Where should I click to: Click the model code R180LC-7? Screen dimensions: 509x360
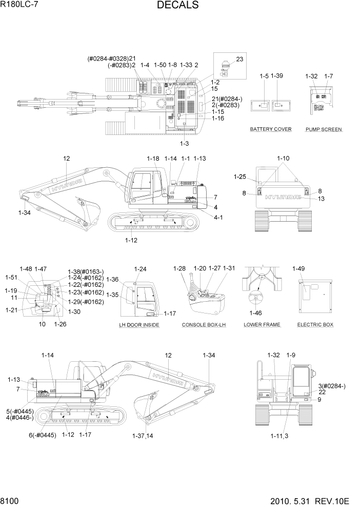click(20, 5)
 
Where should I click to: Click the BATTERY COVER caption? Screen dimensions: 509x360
click(271, 129)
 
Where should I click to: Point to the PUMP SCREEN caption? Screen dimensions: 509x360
click(324, 129)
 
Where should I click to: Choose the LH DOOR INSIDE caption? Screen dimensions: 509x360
click(139, 325)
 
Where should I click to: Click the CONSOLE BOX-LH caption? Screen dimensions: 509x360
click(204, 325)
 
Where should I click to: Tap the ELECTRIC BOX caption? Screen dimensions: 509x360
click(315, 325)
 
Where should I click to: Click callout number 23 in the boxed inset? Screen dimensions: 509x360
click(239, 60)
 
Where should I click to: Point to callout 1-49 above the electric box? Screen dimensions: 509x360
click(298, 268)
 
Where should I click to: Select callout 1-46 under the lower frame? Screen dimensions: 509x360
click(256, 313)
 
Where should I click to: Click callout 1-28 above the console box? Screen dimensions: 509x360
click(179, 268)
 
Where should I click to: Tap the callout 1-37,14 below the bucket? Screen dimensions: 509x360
click(143, 436)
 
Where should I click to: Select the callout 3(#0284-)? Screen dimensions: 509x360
click(332, 386)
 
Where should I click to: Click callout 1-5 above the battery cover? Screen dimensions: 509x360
click(264, 76)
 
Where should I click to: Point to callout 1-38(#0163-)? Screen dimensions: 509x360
click(86, 271)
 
